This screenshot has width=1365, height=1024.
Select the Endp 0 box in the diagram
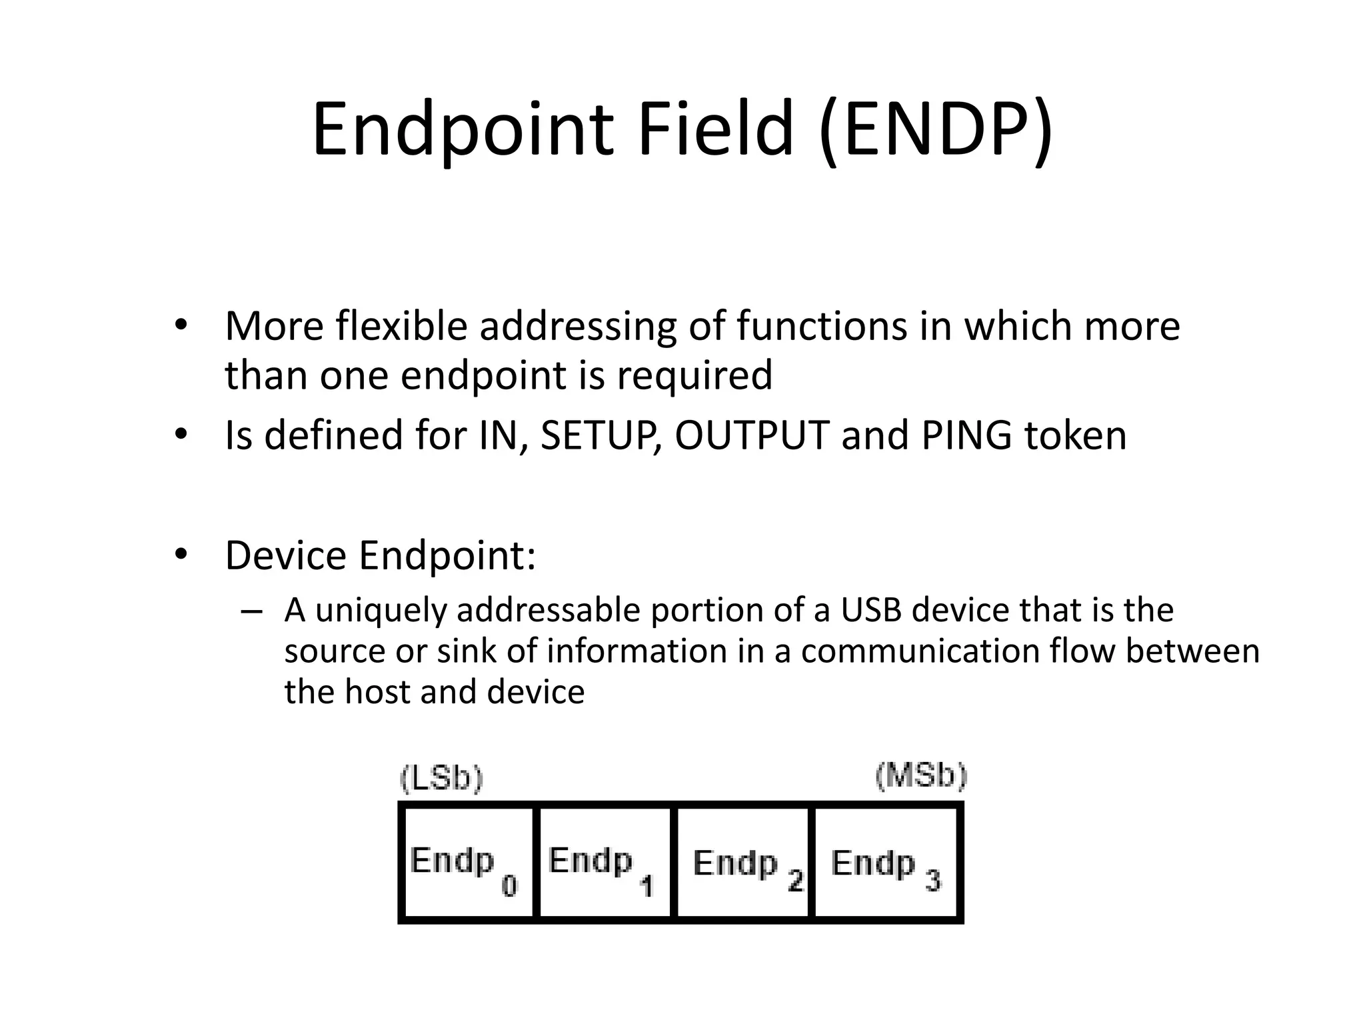[468, 863]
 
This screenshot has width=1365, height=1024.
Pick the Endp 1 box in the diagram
[605, 863]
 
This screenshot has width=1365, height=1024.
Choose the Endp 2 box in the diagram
[743, 863]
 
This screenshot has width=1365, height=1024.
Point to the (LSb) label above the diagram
[441, 779]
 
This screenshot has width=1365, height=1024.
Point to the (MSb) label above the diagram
[920, 776]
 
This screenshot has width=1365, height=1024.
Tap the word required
[694, 375]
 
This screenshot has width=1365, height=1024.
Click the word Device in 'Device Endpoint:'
[286, 555]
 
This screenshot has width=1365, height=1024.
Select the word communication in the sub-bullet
[920, 651]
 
